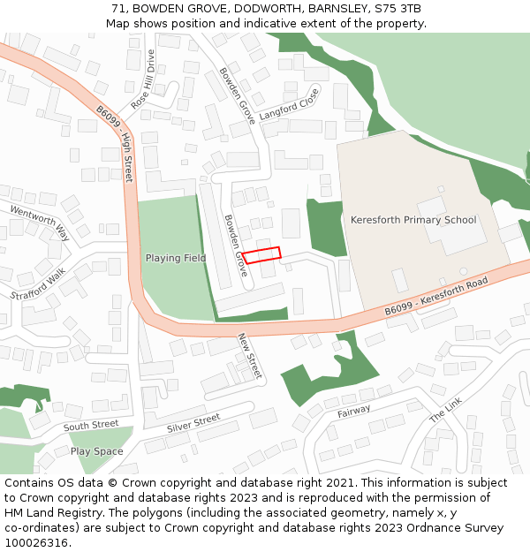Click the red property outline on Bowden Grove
(x=261, y=254)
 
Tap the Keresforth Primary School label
(x=413, y=220)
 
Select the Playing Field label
(x=176, y=258)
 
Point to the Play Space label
(x=97, y=451)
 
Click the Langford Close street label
(x=288, y=104)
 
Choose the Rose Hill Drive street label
(x=143, y=79)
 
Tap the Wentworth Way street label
(x=39, y=222)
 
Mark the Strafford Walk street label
(x=38, y=283)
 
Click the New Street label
(x=250, y=356)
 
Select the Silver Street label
(x=193, y=423)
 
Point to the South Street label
(x=91, y=426)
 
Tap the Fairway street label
(x=354, y=412)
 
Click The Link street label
(x=445, y=407)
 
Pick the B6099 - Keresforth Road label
(x=435, y=299)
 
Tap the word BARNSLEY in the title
(x=331, y=8)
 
